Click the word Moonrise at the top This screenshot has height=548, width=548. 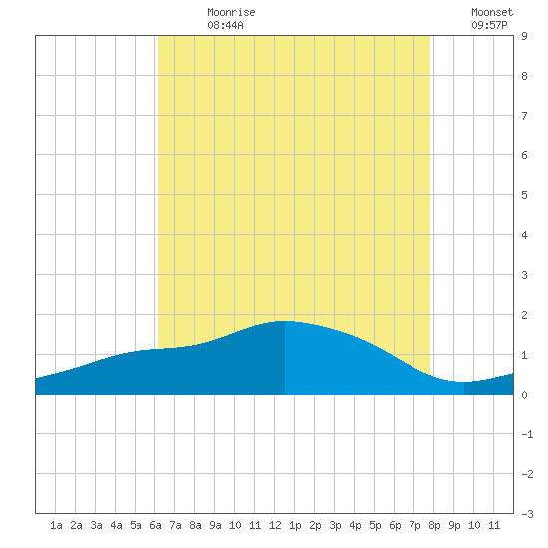[231, 12]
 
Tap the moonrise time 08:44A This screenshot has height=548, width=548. [225, 25]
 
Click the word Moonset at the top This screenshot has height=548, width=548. [492, 12]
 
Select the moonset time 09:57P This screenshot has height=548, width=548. [489, 25]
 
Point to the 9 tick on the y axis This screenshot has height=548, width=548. [524, 36]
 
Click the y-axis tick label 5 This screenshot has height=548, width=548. [524, 195]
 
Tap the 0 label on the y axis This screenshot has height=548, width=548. [524, 395]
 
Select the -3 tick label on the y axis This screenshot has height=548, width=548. [527, 514]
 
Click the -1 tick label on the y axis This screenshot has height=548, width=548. [527, 434]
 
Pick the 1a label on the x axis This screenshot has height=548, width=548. [56, 525]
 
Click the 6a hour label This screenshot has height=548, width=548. [155, 525]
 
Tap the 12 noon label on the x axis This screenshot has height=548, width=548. [275, 525]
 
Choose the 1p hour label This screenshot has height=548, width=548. [295, 525]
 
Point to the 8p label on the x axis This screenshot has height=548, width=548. [434, 525]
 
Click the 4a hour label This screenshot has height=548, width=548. [116, 525]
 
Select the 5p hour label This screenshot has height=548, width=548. [375, 525]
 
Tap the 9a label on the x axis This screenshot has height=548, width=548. [215, 525]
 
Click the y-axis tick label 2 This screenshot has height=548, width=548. [524, 315]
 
